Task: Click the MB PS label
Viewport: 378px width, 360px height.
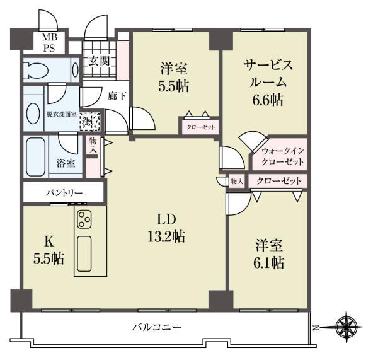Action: pyautogui.click(x=50, y=42)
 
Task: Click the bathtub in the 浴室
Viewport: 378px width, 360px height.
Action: pyautogui.click(x=35, y=153)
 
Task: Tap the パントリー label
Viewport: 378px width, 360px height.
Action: pyautogui.click(x=63, y=192)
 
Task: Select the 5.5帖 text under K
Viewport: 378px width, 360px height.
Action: pyautogui.click(x=49, y=258)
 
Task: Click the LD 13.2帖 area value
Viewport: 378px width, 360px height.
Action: pyautogui.click(x=166, y=237)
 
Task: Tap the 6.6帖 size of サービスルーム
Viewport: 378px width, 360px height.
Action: pyautogui.click(x=268, y=100)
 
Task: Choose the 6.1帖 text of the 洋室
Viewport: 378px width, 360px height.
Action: pyautogui.click(x=269, y=262)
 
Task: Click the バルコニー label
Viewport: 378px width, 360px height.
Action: pyautogui.click(x=157, y=328)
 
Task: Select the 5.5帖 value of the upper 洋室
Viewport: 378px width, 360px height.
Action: pyautogui.click(x=173, y=86)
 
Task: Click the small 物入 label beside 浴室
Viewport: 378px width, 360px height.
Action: pyautogui.click(x=93, y=146)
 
